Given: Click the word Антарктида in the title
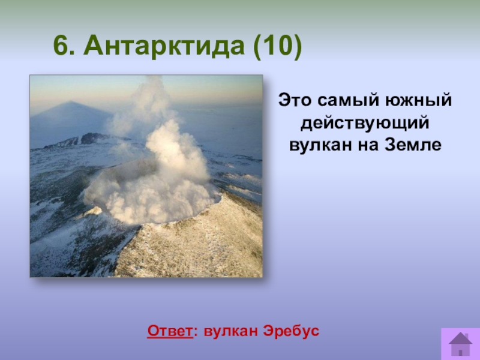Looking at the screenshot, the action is [164, 46].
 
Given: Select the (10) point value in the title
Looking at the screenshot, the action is [278, 47].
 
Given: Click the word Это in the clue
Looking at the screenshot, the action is [295, 100].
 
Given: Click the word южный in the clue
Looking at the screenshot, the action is [418, 100].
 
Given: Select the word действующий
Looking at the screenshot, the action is [365, 124].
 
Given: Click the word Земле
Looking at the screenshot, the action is [413, 145].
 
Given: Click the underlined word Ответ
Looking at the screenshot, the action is [170, 331].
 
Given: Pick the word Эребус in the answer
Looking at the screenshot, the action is [292, 331].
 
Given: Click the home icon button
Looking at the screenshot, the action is [460, 344].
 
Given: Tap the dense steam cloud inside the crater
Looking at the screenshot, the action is [150, 199].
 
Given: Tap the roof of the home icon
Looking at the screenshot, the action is [460, 338].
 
